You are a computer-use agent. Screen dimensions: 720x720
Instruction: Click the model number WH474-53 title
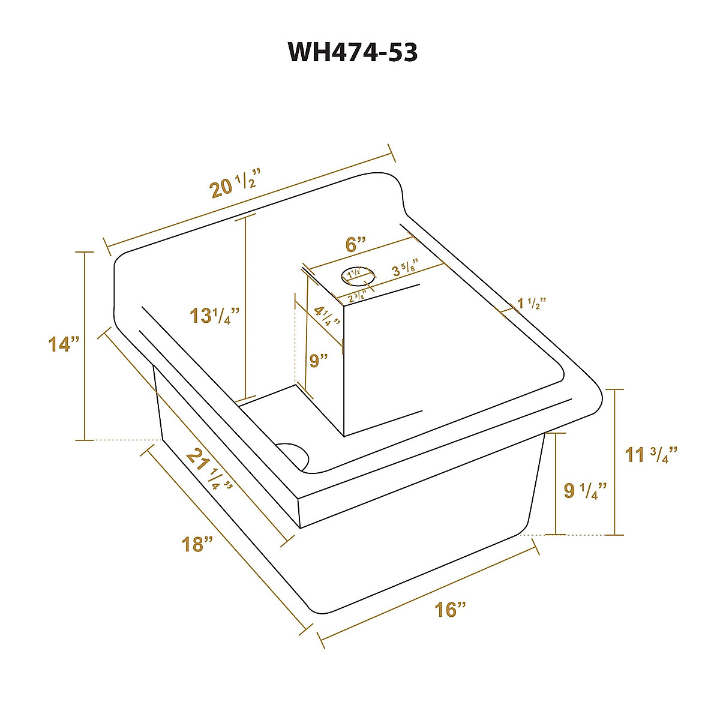353,52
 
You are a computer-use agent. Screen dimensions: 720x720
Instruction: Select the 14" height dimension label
64,344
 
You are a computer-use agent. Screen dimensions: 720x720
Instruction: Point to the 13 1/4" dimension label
214,315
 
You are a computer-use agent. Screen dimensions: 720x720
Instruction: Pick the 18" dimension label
197,544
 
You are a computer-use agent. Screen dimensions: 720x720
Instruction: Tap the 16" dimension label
450,610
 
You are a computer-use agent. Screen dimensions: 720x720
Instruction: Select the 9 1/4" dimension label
585,491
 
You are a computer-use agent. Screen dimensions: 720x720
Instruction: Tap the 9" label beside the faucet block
319,361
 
